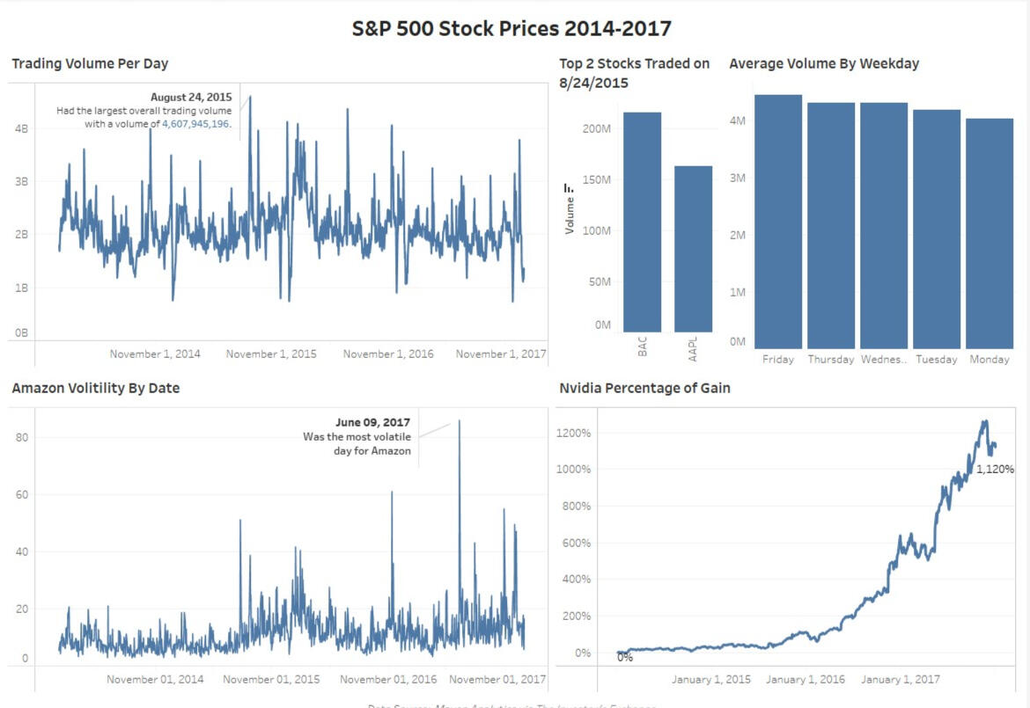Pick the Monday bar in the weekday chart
(x=990, y=233)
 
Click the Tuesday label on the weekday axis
(x=937, y=360)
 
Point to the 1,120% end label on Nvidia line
(x=995, y=470)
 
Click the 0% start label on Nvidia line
(x=625, y=657)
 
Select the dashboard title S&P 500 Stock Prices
(x=511, y=28)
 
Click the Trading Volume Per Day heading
(x=90, y=63)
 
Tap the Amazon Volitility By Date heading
(x=95, y=388)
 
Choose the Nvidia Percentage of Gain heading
(x=644, y=388)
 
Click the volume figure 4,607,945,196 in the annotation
(x=195, y=124)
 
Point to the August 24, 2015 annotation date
(x=191, y=98)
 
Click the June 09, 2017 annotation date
(x=373, y=423)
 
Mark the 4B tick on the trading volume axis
(x=22, y=128)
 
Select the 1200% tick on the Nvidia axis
(x=571, y=434)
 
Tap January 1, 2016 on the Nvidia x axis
(x=805, y=679)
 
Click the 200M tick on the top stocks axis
(x=596, y=128)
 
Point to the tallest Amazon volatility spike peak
(x=459, y=421)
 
